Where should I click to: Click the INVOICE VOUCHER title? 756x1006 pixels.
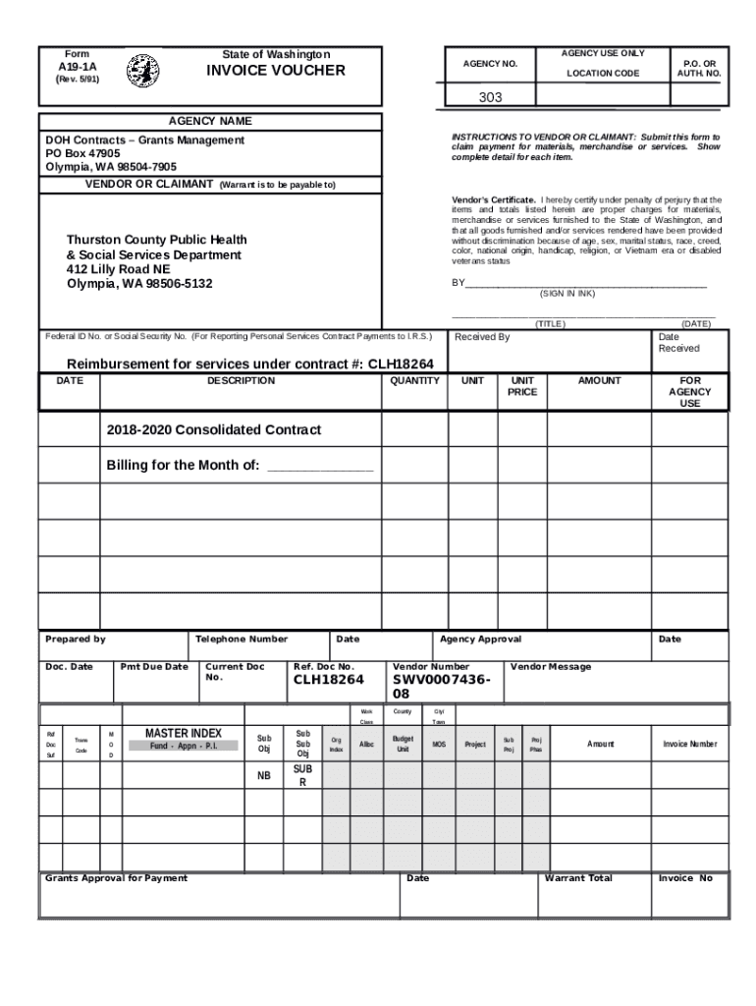click(275, 71)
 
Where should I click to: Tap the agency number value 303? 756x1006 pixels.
click(491, 97)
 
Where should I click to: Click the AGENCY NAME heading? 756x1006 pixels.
click(210, 121)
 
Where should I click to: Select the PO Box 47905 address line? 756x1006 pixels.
click(83, 154)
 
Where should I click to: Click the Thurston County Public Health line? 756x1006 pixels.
click(156, 240)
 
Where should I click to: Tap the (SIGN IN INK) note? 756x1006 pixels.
click(567, 294)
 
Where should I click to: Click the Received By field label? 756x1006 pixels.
click(482, 337)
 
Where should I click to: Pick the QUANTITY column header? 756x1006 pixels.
click(414, 380)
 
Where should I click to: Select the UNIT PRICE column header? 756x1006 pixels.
click(521, 386)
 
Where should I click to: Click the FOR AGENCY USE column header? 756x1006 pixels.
click(690, 391)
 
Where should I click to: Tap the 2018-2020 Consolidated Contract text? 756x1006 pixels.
click(213, 430)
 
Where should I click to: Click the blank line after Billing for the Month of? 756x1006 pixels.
click(320, 467)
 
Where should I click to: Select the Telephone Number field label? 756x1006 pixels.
click(242, 639)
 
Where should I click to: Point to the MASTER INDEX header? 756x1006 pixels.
click(184, 733)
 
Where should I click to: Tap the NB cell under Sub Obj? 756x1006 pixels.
click(263, 777)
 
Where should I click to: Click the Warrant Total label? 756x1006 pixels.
click(578, 877)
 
